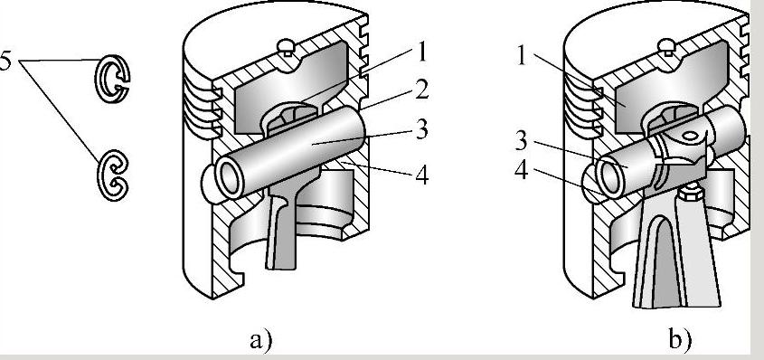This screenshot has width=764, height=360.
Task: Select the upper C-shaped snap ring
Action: point(111,78)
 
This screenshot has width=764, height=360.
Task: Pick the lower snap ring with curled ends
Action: point(112,175)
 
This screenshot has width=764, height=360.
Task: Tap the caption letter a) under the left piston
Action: point(260,340)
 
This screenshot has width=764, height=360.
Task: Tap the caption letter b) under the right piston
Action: point(679,339)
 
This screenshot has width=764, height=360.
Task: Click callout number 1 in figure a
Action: point(421,52)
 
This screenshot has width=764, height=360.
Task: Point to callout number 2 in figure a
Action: point(421,90)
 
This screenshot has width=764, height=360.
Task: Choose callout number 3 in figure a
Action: point(421,130)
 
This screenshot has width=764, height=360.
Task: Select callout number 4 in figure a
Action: point(422,175)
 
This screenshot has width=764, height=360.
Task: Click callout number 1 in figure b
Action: point(522,56)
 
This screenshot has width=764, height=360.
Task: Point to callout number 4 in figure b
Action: point(522,170)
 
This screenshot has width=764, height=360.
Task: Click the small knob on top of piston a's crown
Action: point(286,47)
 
